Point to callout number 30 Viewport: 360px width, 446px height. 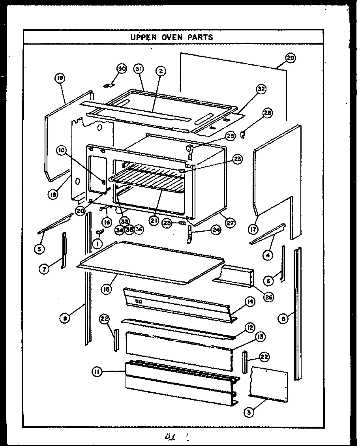pyautogui.click(x=121, y=69)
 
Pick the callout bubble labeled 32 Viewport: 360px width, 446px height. pyautogui.click(x=261, y=89)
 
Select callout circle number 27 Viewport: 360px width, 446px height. pyautogui.click(x=230, y=223)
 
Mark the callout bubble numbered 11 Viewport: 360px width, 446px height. pyautogui.click(x=97, y=371)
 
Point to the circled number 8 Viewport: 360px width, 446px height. pyautogui.click(x=283, y=320)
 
